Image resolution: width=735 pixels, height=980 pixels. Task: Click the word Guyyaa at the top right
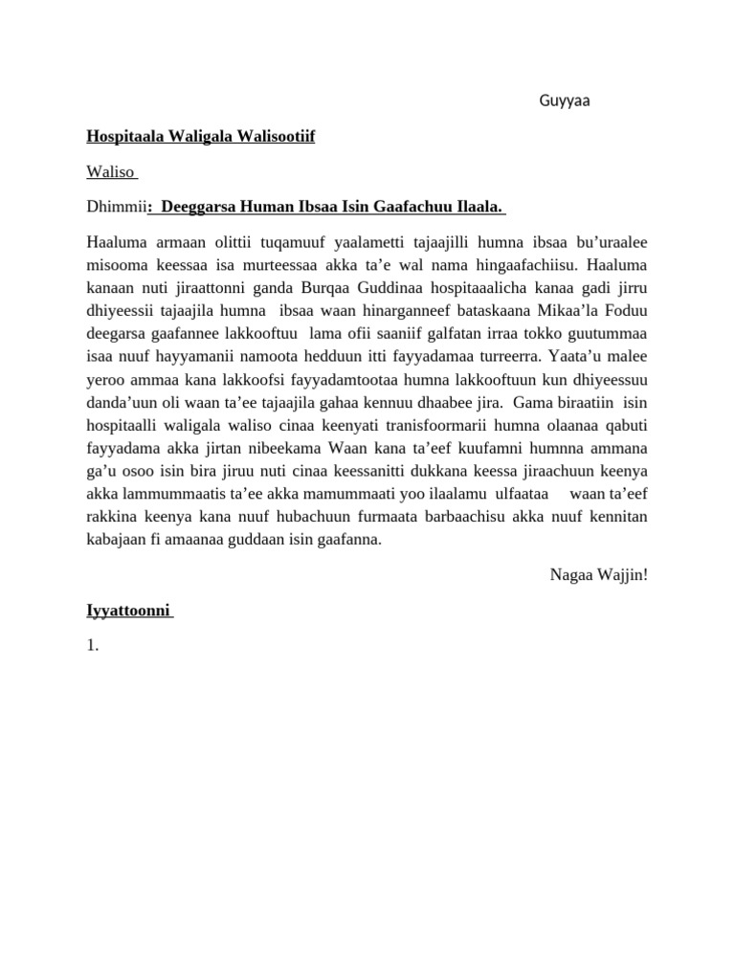click(565, 102)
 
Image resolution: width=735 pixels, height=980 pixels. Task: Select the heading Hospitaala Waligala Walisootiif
click(201, 137)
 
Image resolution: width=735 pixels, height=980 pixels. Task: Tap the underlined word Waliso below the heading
click(112, 172)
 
